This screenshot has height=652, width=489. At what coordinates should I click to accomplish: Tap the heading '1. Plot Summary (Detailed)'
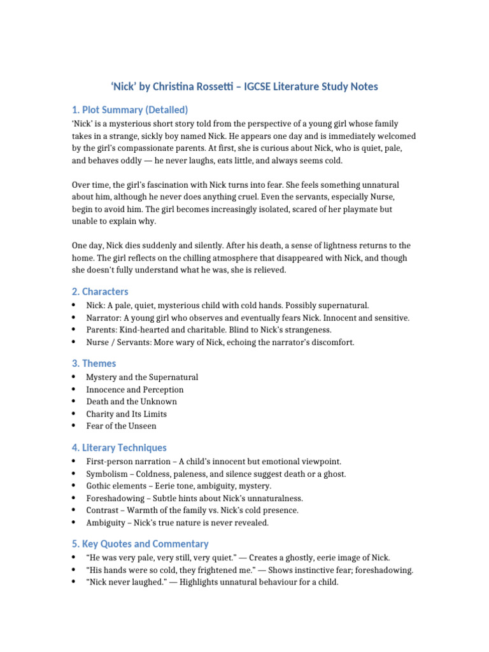(129, 110)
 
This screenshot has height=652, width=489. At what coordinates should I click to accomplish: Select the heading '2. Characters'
(100, 292)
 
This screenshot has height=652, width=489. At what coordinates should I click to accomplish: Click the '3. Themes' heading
(94, 364)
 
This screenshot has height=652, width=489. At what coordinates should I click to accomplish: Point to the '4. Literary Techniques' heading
(119, 448)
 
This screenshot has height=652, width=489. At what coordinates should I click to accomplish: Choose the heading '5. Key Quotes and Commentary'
(140, 544)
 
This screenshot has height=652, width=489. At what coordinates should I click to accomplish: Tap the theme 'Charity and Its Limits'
(127, 414)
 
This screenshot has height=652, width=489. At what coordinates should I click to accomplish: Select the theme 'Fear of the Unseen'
(121, 426)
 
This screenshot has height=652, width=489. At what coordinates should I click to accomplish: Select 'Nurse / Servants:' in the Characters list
(118, 343)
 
